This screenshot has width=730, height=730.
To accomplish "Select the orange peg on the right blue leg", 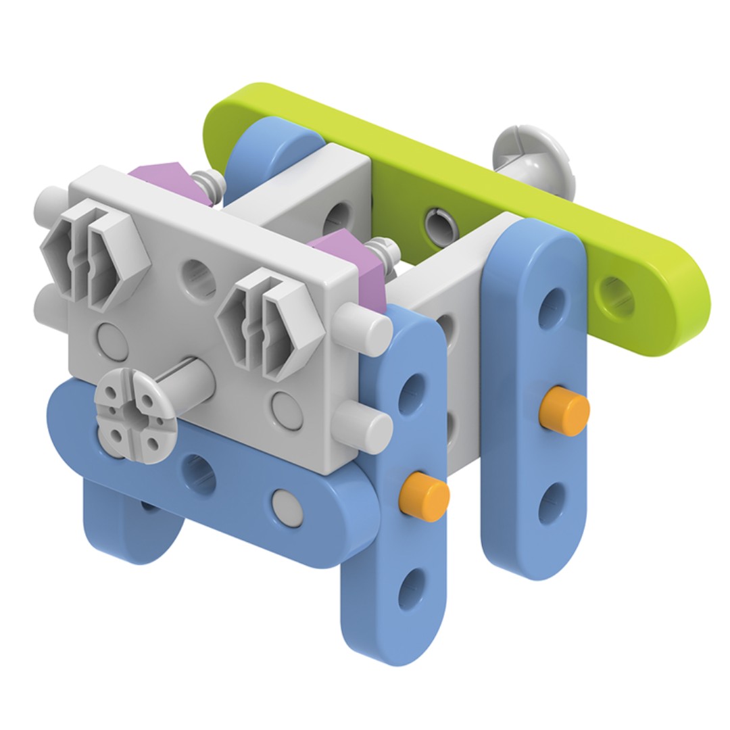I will pos(564,411).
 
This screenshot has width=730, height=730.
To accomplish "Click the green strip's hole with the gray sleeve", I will pos(436,220).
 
